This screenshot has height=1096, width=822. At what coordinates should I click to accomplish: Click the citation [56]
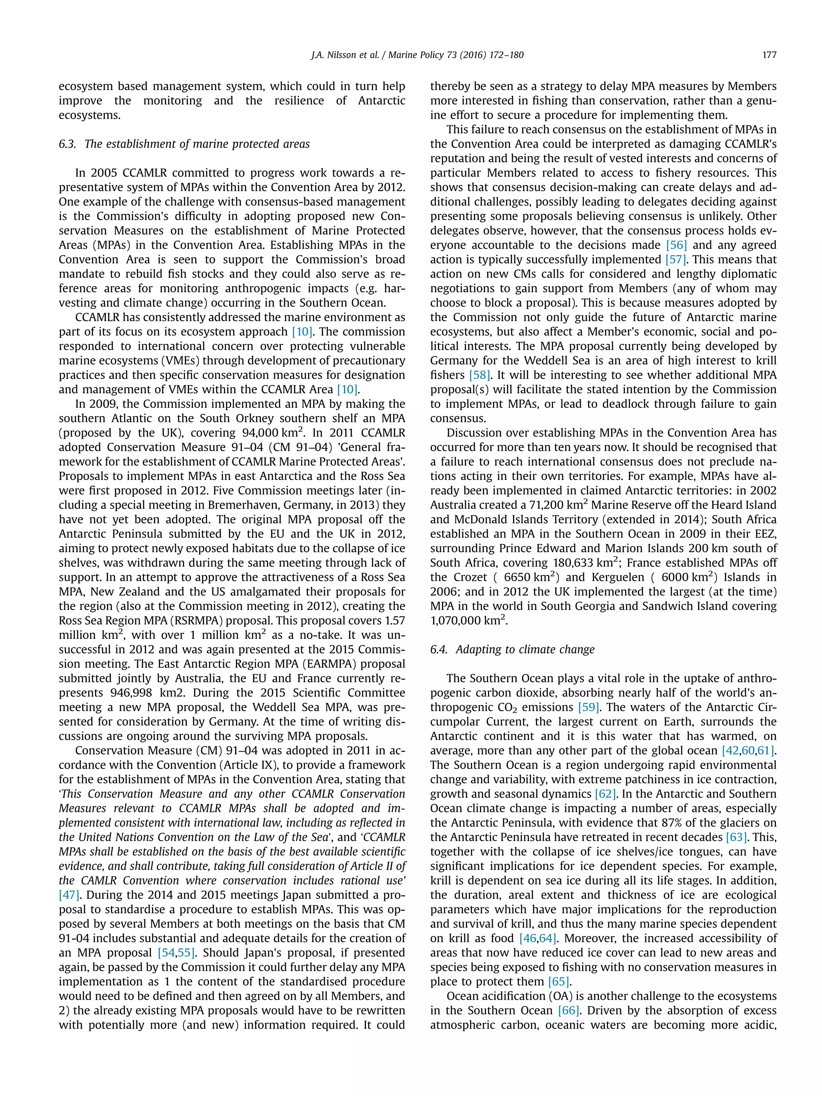[676, 245]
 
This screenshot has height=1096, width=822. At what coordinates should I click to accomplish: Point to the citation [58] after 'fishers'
[480, 375]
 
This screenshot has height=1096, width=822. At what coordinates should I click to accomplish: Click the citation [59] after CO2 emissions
[589, 707]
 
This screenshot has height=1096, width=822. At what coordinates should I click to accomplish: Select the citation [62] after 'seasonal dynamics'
[605, 794]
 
